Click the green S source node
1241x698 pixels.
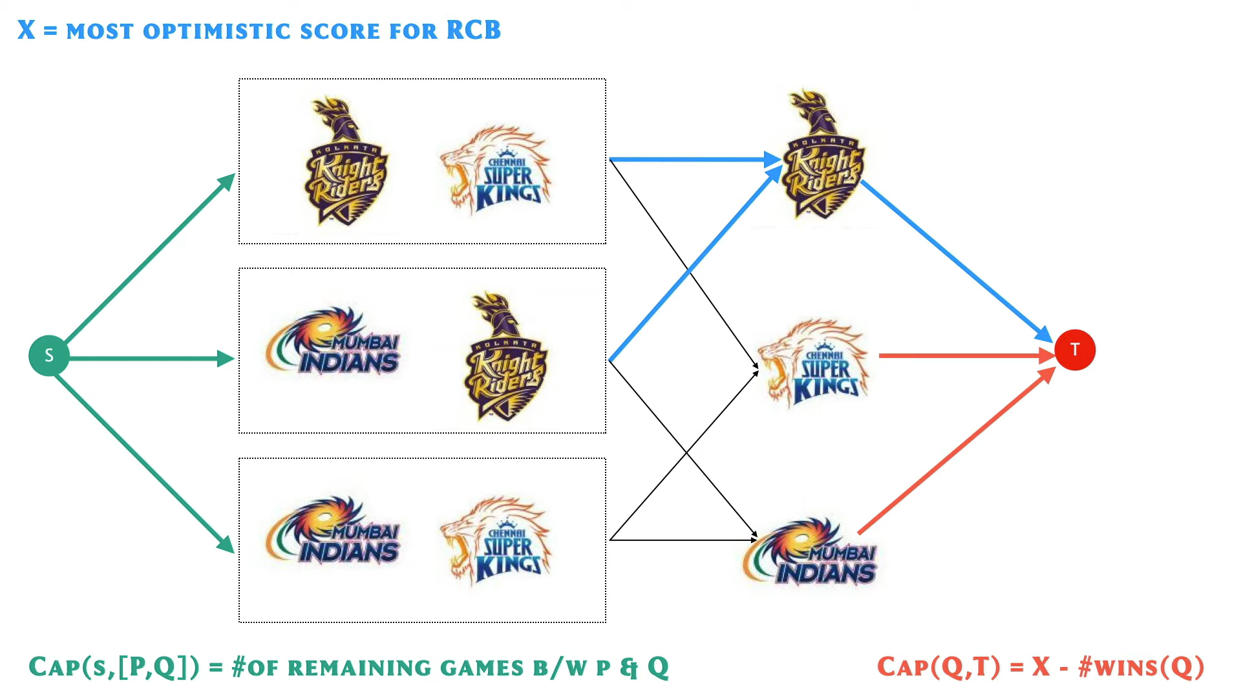48,355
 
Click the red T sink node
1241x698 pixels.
1074,350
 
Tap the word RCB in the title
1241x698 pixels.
473,30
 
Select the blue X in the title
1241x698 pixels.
26,30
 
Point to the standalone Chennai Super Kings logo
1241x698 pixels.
814,362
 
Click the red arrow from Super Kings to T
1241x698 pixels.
963,355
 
